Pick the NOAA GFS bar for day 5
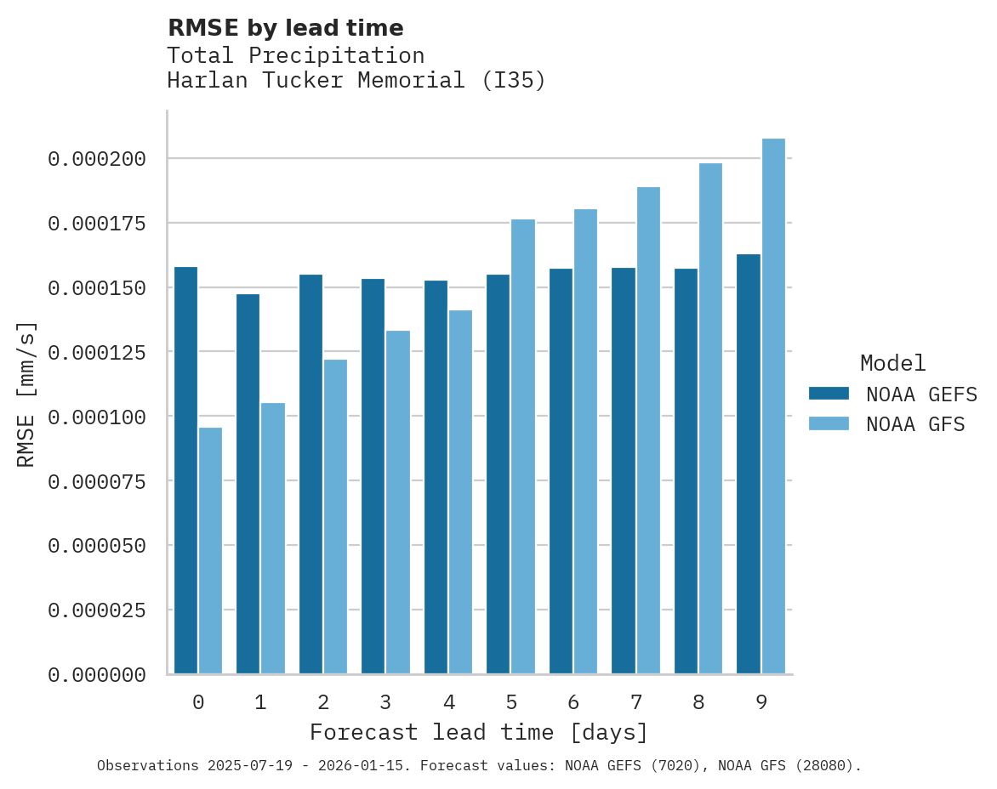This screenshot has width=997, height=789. point(523,446)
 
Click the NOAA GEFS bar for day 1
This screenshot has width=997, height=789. point(248,484)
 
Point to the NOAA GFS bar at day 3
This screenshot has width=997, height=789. point(398,502)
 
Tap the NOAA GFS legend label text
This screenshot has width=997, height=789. point(915,424)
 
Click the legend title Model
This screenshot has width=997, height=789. point(892,363)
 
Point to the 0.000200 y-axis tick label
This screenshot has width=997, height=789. point(96,159)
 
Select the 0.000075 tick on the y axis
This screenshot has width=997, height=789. point(96,481)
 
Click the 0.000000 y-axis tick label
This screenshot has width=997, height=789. point(96,675)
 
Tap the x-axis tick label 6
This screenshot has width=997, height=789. point(573,702)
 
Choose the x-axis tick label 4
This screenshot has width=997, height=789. point(448,702)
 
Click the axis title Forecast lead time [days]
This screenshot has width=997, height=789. point(479,732)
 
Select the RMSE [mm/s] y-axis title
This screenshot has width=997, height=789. point(26,394)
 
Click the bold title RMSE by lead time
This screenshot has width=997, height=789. point(285,28)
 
